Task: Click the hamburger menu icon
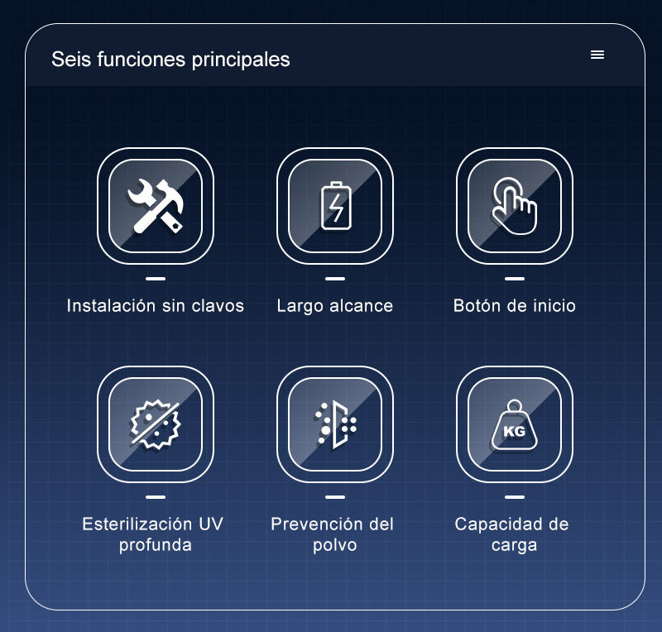[x=597, y=55]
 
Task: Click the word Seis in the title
[x=71, y=59]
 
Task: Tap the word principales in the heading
[x=241, y=60]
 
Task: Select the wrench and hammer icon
[x=156, y=206]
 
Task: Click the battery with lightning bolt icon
[x=336, y=206]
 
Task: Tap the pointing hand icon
[x=514, y=206]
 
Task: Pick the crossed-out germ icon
[x=156, y=424]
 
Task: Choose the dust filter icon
[x=335, y=424]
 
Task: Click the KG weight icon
[x=514, y=424]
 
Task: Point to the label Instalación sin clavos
[x=156, y=305]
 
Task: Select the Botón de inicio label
[x=514, y=305]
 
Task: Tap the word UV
[x=210, y=524]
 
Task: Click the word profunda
[x=156, y=545]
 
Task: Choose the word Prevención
[x=316, y=524]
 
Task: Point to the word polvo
[x=335, y=545]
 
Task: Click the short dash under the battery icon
[x=335, y=279]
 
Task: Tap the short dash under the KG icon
[x=515, y=497]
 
